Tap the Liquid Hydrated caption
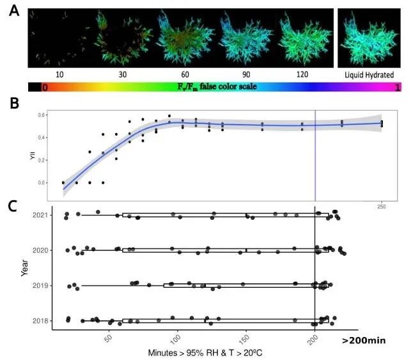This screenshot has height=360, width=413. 370,74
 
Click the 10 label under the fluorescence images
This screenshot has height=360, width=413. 59,75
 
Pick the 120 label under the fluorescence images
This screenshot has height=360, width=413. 302,75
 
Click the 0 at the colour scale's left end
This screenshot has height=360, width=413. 45,88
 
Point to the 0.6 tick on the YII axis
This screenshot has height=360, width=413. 56,115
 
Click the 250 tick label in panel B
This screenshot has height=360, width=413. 382,206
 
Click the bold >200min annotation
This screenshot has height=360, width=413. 363,340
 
